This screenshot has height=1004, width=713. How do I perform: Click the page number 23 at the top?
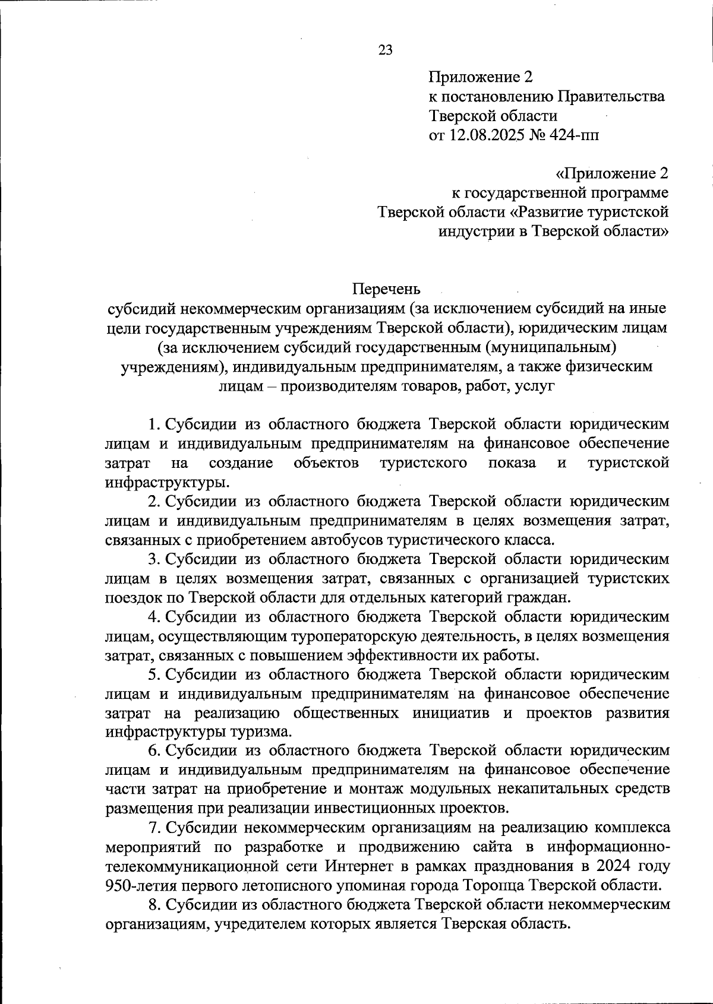click(x=385, y=50)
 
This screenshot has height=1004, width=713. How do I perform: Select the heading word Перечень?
click(x=386, y=289)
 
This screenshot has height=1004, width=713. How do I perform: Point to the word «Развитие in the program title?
click(x=546, y=212)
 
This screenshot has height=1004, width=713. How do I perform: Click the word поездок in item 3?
click(x=127, y=597)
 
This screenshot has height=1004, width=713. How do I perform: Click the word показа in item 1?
click(x=511, y=463)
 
